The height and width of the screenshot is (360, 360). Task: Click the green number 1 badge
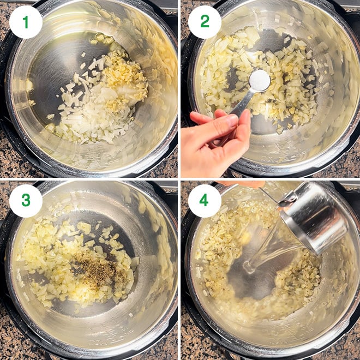point(26,22)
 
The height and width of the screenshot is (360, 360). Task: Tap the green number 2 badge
point(205,22)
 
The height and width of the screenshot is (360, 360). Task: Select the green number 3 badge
point(26,201)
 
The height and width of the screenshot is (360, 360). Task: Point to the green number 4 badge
point(205,201)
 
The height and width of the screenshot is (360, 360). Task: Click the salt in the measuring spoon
point(260,81)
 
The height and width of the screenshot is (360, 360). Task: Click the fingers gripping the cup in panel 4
point(241,184)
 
